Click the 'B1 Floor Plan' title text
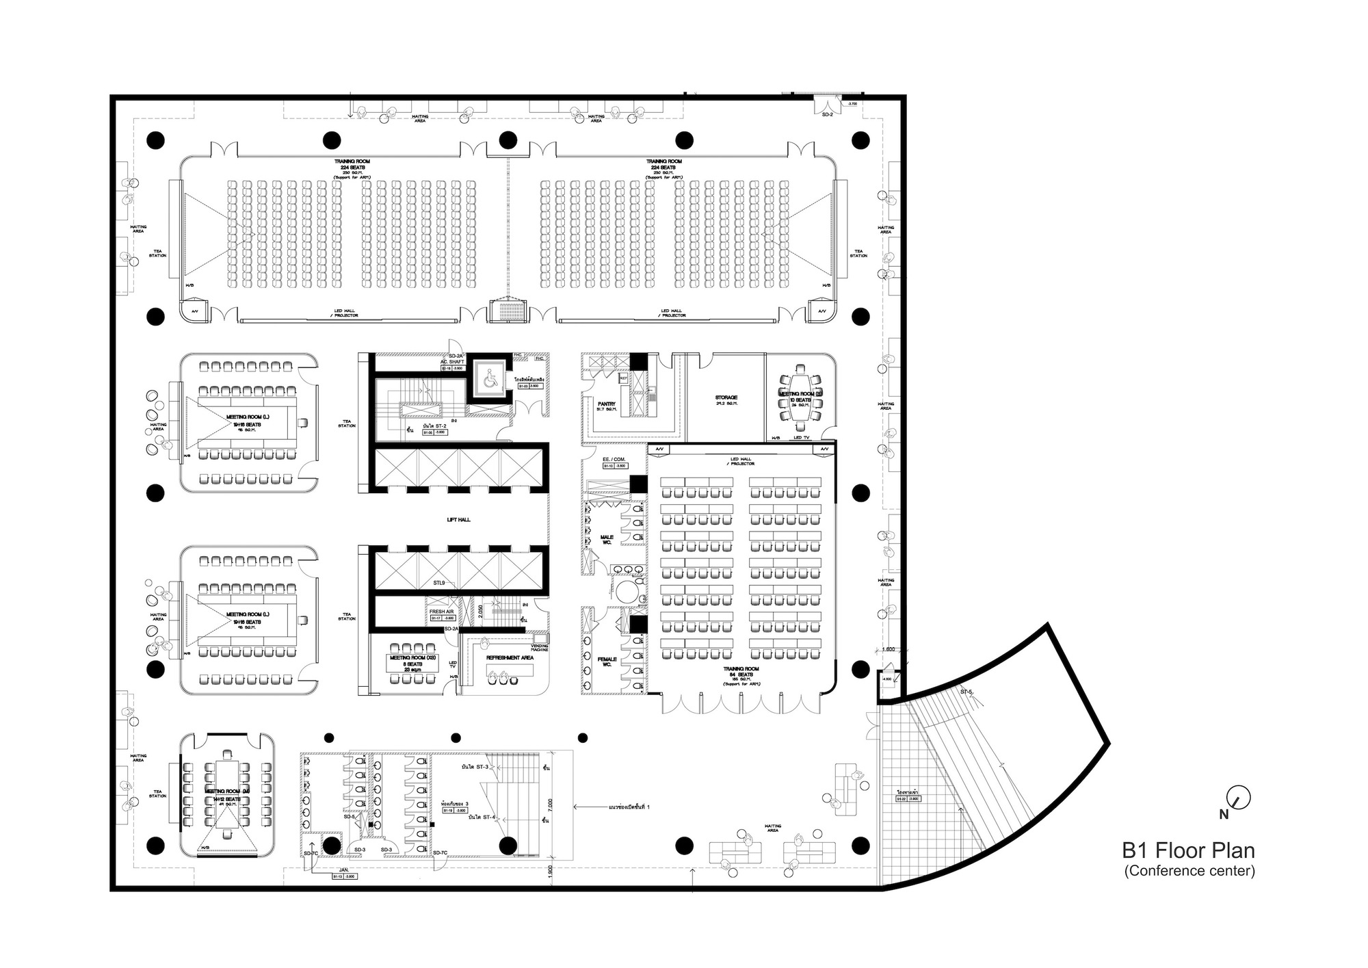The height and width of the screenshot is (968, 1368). coord(1188,850)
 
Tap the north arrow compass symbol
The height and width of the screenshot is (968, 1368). coord(1239,796)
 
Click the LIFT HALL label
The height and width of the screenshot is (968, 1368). coord(458,520)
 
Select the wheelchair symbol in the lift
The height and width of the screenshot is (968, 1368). coord(490,380)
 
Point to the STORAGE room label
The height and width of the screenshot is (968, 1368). coord(726,397)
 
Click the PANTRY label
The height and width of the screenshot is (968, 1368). coord(606,404)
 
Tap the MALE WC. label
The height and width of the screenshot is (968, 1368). coord(606,540)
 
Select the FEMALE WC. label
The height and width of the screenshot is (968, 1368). coord(607,662)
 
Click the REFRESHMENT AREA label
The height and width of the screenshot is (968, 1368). coord(510,658)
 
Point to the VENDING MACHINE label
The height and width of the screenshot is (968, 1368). coord(540,647)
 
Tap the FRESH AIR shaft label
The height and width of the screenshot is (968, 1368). coord(441,612)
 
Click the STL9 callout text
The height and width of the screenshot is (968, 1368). coord(438,583)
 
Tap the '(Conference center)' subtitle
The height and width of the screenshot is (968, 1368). coord(1189,871)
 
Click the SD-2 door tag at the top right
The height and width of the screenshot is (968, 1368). coord(827,115)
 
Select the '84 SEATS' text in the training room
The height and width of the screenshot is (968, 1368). coord(742,675)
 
